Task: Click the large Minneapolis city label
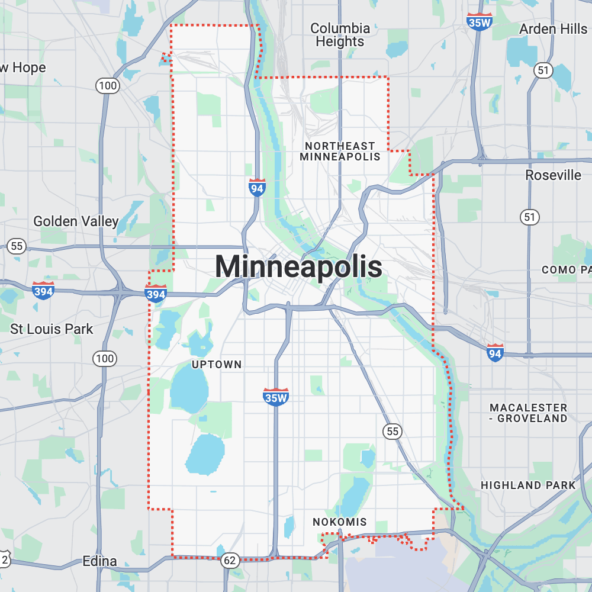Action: coord(298,267)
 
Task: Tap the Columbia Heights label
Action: coord(340,35)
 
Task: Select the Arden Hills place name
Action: coord(553,29)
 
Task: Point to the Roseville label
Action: coord(554,175)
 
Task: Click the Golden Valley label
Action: coord(76,221)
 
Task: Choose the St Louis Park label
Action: coord(52,329)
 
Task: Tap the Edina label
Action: coord(100,561)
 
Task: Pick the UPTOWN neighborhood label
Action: coord(217,365)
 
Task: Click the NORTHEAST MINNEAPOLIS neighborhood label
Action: coord(339,151)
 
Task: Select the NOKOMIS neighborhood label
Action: coord(340,522)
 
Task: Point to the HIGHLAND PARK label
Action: coord(528,485)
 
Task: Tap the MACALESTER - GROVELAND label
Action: coord(528,413)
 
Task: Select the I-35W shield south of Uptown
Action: coord(276,397)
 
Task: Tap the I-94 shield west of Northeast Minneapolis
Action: coord(257,188)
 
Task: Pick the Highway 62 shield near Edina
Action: coord(230,560)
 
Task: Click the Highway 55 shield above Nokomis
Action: coord(392,432)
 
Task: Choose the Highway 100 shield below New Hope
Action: coord(108,86)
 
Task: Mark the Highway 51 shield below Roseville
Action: coord(529,217)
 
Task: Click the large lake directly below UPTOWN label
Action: coord(189,391)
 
